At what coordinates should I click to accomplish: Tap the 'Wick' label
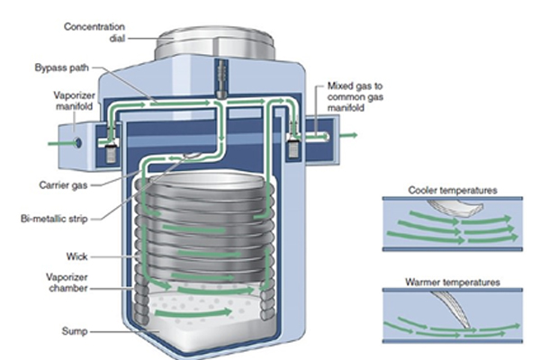point(76,256)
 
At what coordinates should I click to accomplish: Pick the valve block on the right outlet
point(292,147)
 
